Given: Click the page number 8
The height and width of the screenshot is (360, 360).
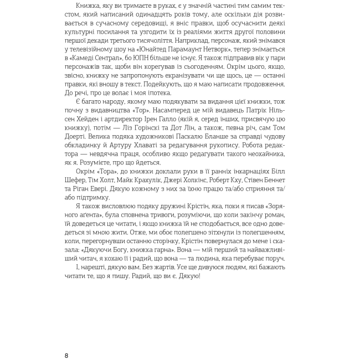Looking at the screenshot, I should (67, 354).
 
